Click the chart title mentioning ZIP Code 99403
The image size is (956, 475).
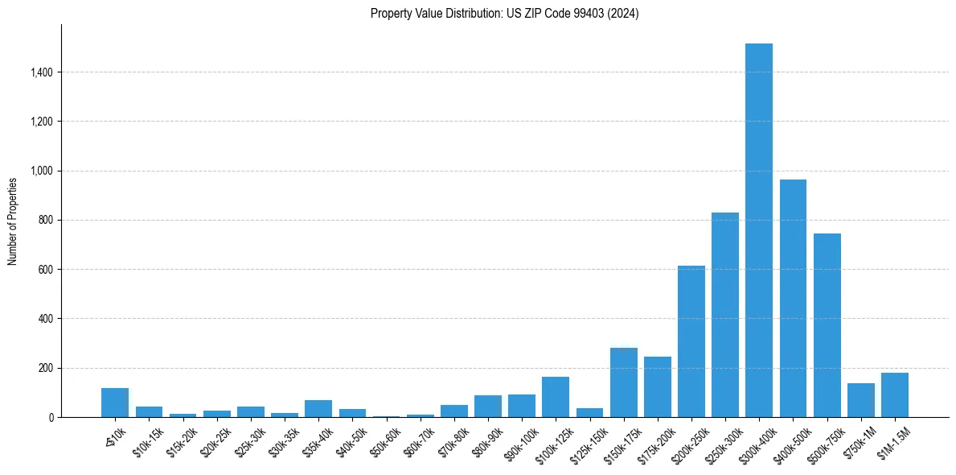point(504,14)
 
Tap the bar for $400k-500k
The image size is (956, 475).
point(793,298)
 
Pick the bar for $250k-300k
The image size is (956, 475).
point(724,315)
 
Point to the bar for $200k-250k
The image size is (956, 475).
point(691,341)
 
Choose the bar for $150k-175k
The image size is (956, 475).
point(623,382)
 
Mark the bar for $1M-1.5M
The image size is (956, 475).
point(894,395)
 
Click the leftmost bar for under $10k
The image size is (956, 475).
point(115,403)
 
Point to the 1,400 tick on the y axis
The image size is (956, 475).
point(41,72)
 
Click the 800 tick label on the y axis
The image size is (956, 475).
point(45,221)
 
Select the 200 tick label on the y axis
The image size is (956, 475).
point(45,369)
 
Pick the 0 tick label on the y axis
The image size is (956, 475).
point(50,418)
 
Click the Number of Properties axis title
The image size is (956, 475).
point(13,221)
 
